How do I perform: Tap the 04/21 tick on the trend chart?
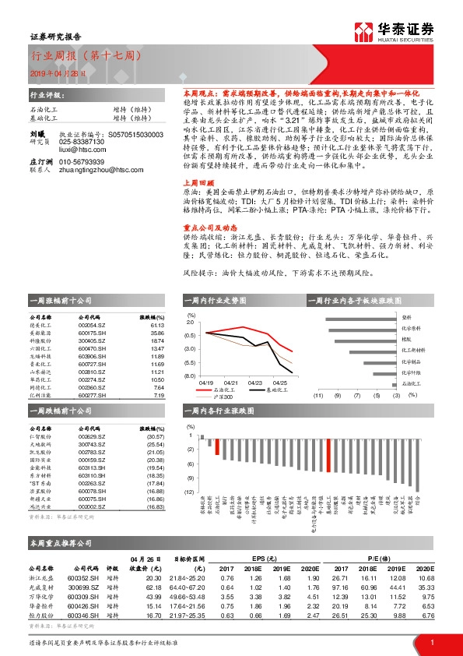(x=231, y=383)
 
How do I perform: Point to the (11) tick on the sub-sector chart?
(x=317, y=397)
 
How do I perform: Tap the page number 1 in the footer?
(x=431, y=643)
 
